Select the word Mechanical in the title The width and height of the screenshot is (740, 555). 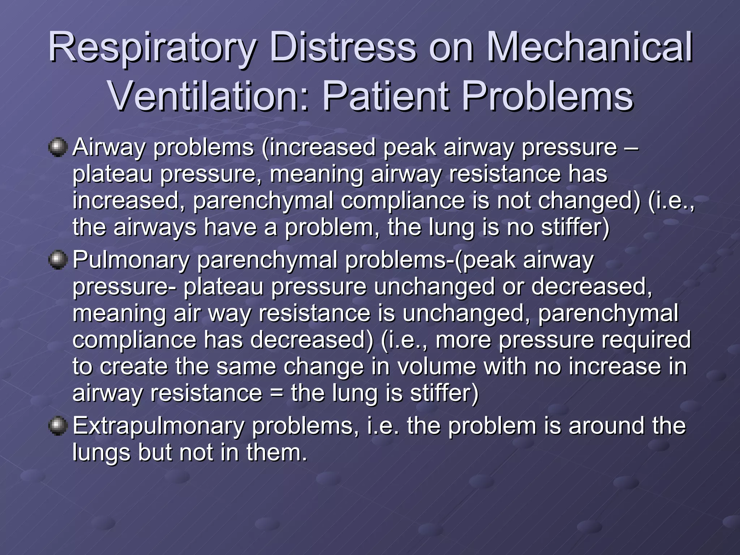pyautogui.click(x=589, y=48)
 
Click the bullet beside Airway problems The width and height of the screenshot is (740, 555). pyautogui.click(x=58, y=147)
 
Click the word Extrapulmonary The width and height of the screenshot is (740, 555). pyautogui.click(x=158, y=426)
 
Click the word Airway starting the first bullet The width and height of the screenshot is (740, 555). pyautogui.click(x=108, y=148)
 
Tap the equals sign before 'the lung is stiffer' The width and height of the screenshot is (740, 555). pyautogui.click(x=276, y=393)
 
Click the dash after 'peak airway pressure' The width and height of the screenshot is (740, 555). pyautogui.click(x=631, y=147)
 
